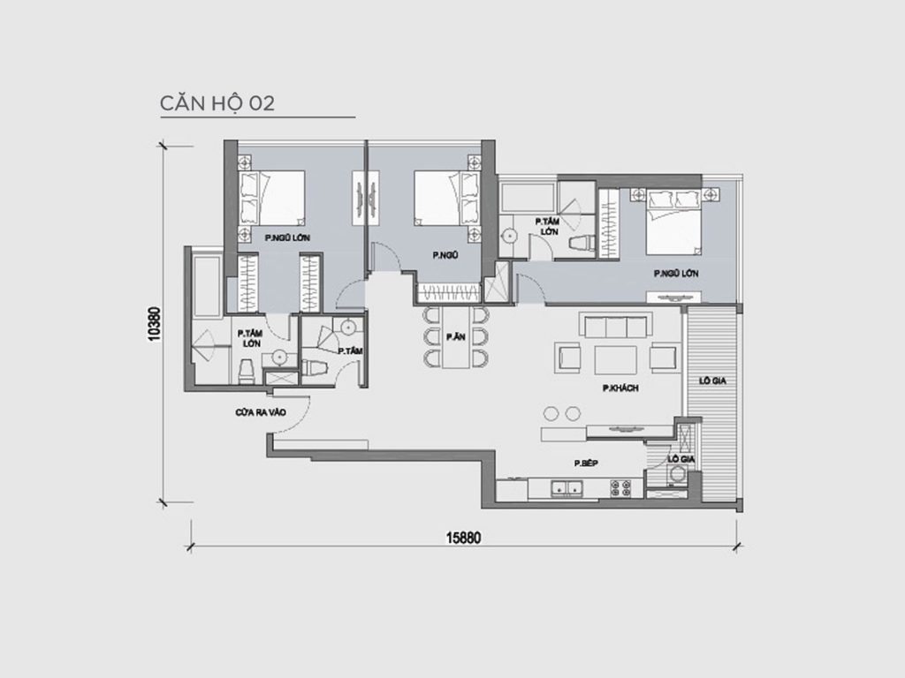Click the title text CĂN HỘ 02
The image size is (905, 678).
click(x=217, y=102)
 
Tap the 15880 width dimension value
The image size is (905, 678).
click(x=461, y=537)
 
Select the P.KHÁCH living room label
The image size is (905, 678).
click(x=618, y=388)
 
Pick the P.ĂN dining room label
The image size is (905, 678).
click(x=456, y=336)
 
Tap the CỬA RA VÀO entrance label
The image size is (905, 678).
click(x=260, y=412)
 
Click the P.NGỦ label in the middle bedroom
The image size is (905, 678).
click(x=445, y=255)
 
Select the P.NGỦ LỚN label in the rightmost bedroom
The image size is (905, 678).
click(x=676, y=274)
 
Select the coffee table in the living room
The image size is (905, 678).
click(x=615, y=360)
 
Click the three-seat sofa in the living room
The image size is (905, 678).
click(x=614, y=327)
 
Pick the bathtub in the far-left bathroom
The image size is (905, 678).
click(x=206, y=287)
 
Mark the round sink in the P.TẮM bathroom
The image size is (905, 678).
click(x=349, y=327)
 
